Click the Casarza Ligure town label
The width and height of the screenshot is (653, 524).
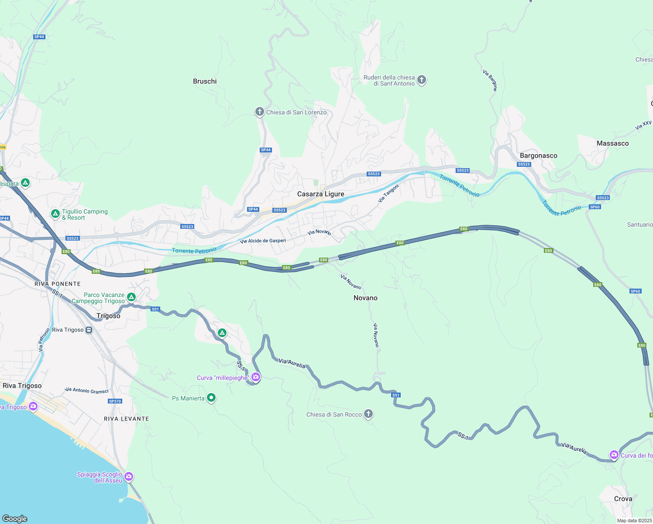320,194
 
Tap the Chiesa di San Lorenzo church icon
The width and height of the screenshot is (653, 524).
259,112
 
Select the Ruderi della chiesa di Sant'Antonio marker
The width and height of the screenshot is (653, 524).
421,80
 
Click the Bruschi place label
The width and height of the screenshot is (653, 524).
205,81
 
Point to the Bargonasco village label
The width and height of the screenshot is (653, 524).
538,155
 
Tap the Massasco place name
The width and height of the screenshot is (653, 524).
612,143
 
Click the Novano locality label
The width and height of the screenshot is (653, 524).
365,298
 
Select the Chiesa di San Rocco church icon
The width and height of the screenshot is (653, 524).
368,414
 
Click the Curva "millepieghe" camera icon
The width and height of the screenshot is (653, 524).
256,377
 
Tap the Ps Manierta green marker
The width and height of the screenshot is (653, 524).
211,398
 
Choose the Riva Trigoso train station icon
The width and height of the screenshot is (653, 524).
89,330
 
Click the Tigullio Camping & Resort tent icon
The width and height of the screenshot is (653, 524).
55,214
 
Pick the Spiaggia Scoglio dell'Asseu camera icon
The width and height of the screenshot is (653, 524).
128,476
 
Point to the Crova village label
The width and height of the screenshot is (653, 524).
623,499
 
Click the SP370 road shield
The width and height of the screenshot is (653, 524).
115,401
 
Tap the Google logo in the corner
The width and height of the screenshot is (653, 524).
15,518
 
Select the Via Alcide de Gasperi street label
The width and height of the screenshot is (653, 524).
263,241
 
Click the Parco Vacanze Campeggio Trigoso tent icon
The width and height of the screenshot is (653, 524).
131,297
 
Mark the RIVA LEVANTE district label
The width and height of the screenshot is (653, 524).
127,419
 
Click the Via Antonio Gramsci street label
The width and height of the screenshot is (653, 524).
86,390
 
